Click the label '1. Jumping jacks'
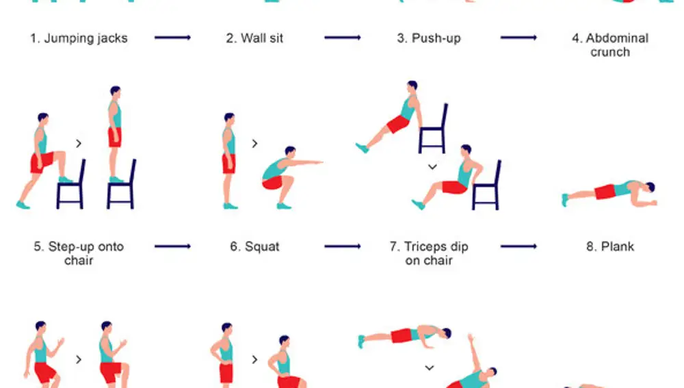79,38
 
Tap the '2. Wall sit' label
254,38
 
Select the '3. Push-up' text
429,38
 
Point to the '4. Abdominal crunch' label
610,45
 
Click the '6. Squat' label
254,246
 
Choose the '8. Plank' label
610,246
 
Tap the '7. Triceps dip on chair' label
429,253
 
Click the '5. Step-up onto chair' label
79,253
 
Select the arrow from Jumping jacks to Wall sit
173,38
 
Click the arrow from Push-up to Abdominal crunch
518,38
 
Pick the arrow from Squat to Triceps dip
343,246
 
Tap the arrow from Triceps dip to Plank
518,246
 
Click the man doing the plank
609,192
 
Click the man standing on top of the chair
115,133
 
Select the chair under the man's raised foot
71,185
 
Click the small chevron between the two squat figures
254,144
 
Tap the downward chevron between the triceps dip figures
432,167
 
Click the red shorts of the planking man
605,192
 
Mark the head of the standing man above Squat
229,118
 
